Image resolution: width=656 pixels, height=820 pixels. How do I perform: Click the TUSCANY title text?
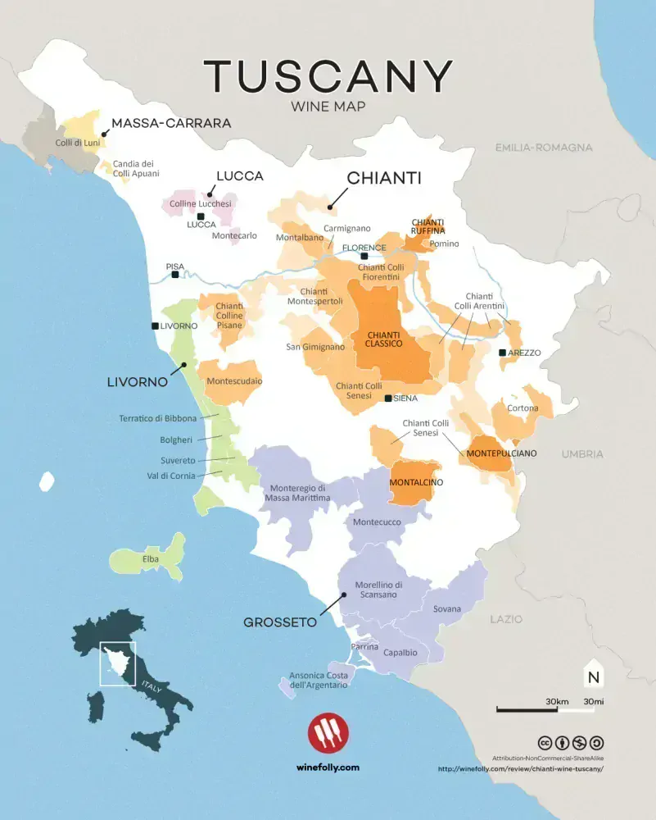[x=328, y=75]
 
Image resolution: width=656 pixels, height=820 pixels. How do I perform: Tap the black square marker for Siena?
[x=389, y=399]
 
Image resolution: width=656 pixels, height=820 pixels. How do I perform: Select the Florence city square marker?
[x=364, y=257]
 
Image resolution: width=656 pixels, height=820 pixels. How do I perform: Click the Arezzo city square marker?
[x=503, y=353]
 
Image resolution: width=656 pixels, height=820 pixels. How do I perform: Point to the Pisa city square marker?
[x=174, y=276]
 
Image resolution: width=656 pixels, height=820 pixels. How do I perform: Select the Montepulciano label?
[x=501, y=453]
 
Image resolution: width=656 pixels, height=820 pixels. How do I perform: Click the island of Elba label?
[x=151, y=559]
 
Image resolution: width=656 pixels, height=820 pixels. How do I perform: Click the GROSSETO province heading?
[x=280, y=622]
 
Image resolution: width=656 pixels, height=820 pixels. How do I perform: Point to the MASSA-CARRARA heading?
[x=170, y=123]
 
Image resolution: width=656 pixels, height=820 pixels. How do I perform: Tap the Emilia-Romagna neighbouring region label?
[x=543, y=148]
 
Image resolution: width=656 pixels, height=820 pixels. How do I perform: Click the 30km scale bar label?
[x=556, y=701]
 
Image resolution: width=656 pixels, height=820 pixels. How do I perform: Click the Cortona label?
[x=523, y=408]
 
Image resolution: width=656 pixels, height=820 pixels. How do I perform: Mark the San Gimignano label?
[x=315, y=347]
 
